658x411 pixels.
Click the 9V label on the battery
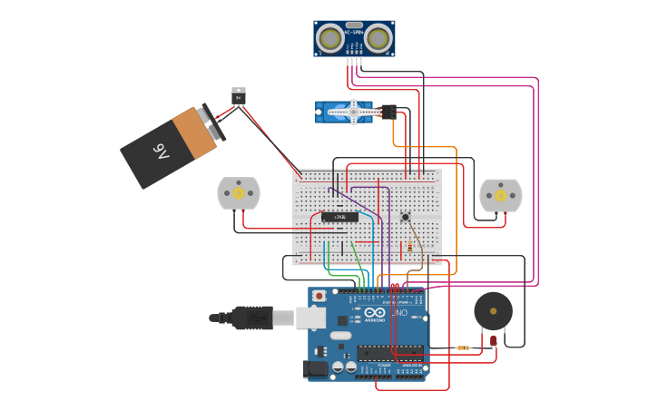(161, 150)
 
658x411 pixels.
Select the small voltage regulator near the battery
(238, 95)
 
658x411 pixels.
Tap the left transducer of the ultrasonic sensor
(330, 38)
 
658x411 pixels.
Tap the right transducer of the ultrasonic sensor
(378, 38)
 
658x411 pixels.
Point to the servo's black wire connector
(388, 112)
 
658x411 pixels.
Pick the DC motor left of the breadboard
(239, 193)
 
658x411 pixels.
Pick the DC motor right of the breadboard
(500, 195)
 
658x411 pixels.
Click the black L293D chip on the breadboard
(339, 217)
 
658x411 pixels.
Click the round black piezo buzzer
(493, 311)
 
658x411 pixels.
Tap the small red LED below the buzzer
(493, 342)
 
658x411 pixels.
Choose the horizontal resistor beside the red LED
(464, 347)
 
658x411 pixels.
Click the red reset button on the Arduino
(319, 297)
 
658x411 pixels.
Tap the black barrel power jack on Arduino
(314, 368)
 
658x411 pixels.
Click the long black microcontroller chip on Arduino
(389, 353)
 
